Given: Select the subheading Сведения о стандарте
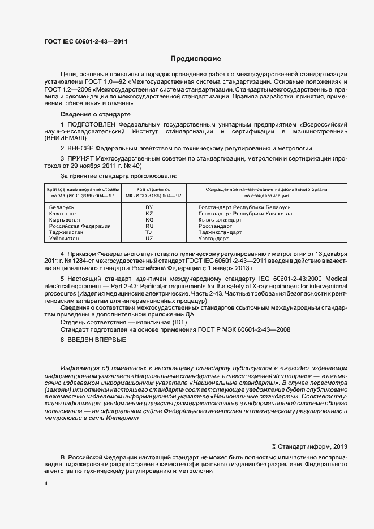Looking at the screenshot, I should (91, 114).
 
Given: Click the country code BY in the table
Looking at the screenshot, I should (149, 208).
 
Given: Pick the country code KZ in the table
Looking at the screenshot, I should (149, 214).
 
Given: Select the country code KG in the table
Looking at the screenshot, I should (149, 220).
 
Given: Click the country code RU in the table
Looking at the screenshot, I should (149, 226).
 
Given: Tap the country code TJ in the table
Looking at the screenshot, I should (149, 232).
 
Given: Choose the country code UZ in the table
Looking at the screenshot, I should (149, 239).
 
